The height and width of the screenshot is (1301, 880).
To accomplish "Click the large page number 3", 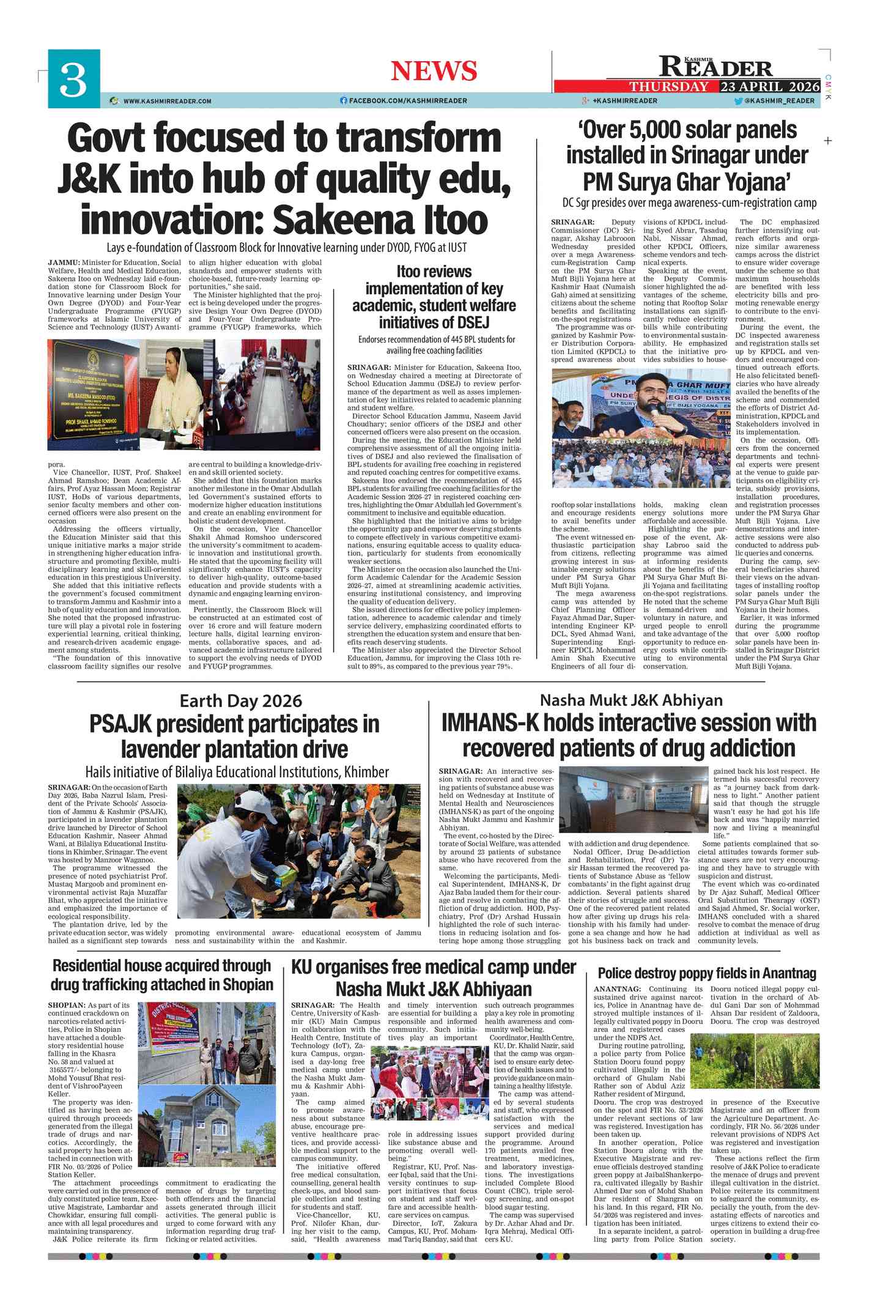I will coord(73,79).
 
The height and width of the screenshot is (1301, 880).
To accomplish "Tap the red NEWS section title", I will coord(434,71).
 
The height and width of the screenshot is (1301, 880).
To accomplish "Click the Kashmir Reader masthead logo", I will coord(715,66).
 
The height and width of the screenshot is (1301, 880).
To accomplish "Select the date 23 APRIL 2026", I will coord(769,86).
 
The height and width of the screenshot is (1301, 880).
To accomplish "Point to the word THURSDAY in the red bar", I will coord(669,86).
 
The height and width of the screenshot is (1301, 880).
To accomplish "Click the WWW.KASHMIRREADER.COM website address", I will coord(167,101).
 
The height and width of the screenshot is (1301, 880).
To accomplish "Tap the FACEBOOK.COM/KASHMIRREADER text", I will coord(408,101).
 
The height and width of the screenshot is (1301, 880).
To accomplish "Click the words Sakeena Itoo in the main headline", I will coord(380,220).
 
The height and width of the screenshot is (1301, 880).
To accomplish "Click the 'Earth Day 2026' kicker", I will coord(240,701).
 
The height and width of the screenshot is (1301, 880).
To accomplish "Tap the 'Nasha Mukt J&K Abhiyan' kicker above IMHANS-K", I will coord(630,700).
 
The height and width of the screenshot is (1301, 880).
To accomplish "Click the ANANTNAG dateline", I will coord(617,989).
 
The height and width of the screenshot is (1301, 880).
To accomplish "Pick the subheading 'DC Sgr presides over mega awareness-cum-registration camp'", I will coord(689,203).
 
